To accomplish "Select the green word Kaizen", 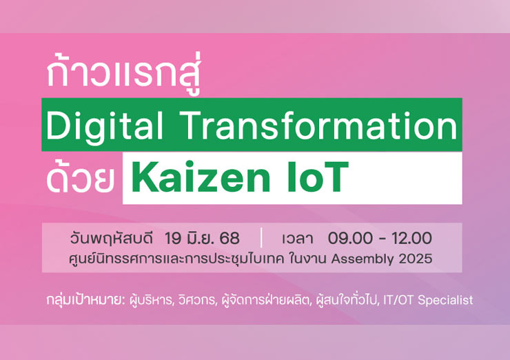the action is point(201,177).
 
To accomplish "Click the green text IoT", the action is point(318,177).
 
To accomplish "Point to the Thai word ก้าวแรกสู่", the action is point(123,73).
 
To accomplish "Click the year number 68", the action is point(229,238).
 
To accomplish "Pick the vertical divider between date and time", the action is point(261,238).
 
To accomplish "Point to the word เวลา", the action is point(297,239).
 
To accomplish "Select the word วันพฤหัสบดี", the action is point(112,239).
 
